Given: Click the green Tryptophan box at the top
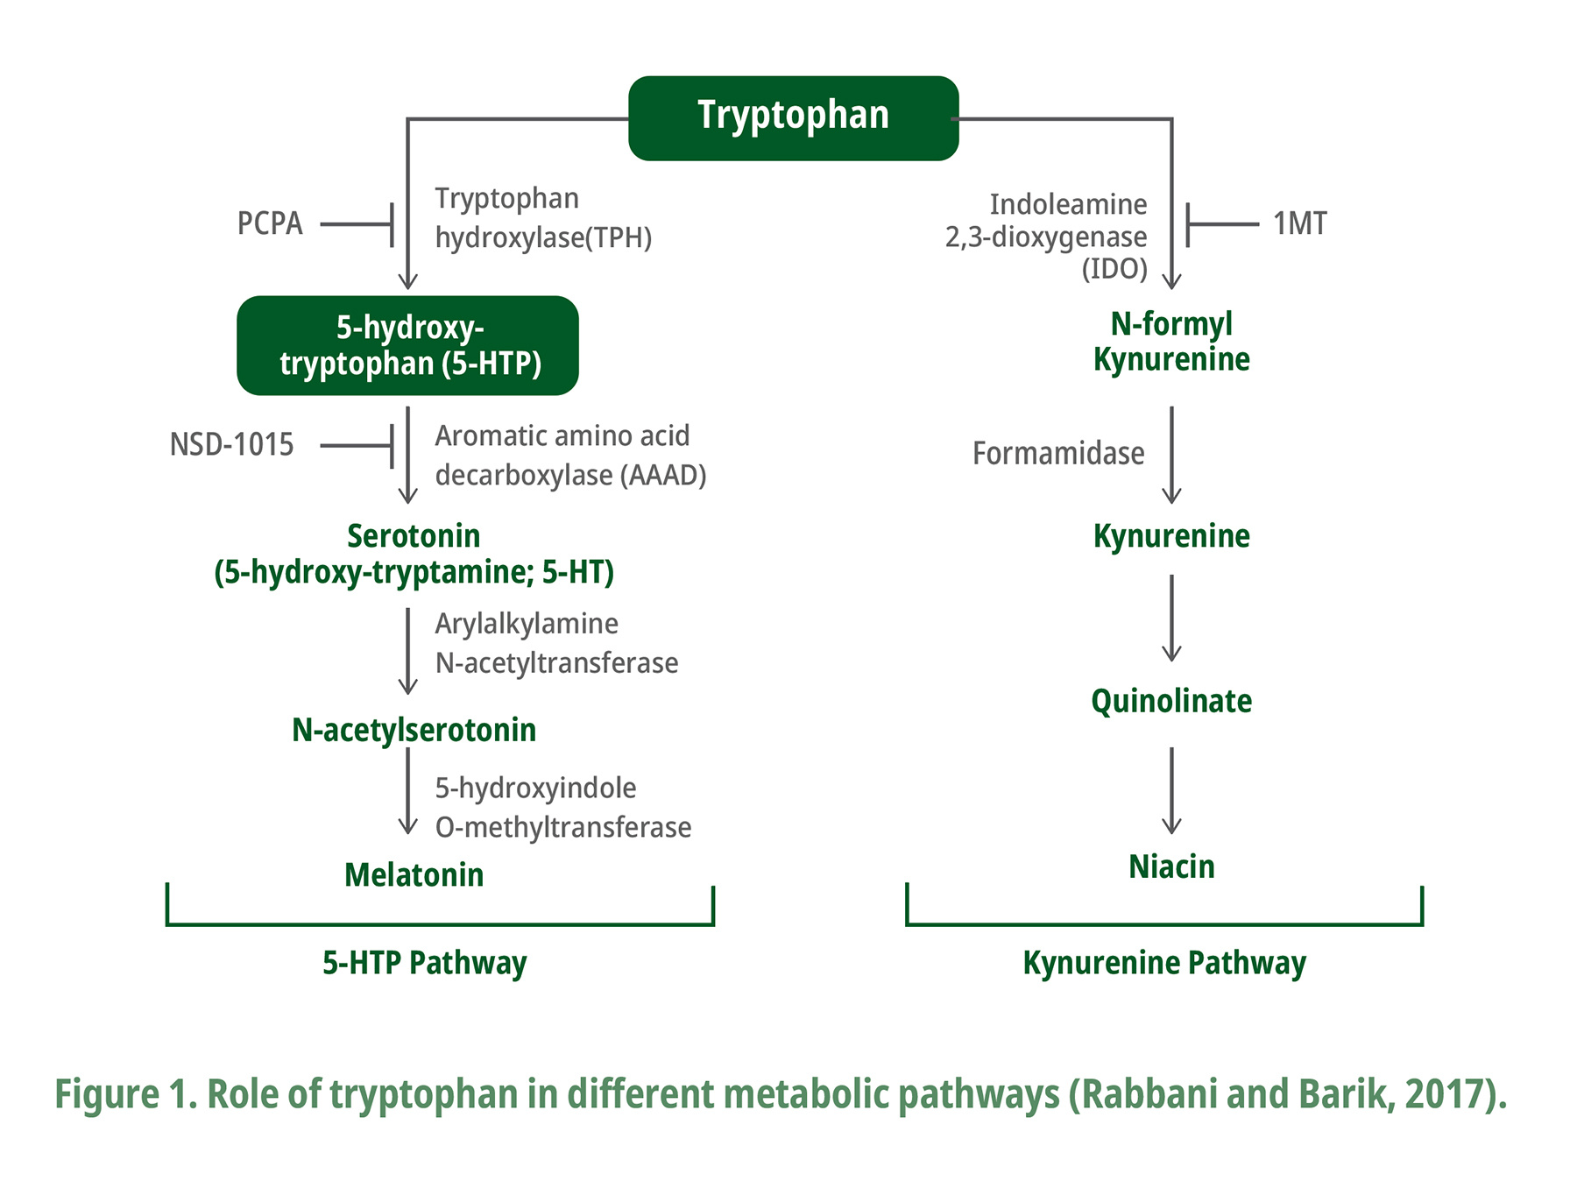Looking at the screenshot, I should coord(793,117).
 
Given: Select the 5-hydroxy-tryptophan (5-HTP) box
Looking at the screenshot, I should coord(408,345).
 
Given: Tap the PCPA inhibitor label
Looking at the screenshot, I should coord(270,224).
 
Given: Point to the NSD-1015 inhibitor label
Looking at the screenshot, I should coord(231,445).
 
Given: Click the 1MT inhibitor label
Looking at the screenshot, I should coord(1299,224).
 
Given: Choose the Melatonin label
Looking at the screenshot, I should coord(414,875).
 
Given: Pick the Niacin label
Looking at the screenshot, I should coord(1171,866).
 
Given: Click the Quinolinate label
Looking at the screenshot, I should coord(1171,701).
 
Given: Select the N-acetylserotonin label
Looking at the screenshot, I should coord(414,730).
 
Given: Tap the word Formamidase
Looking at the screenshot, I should coord(1058,454).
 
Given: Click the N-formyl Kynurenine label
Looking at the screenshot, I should coord(1171,342).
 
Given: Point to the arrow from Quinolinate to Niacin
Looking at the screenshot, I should coord(1171,790).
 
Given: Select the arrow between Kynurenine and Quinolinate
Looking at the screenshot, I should coord(1171,619).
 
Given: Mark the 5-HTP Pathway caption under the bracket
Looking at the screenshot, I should coord(425,963).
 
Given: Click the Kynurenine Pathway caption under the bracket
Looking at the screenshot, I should coord(1164,963).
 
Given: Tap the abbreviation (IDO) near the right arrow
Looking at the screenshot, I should coord(1114,268).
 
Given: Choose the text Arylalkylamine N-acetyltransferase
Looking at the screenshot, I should coord(555,643).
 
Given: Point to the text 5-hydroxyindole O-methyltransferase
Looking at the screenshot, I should coord(562,807).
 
